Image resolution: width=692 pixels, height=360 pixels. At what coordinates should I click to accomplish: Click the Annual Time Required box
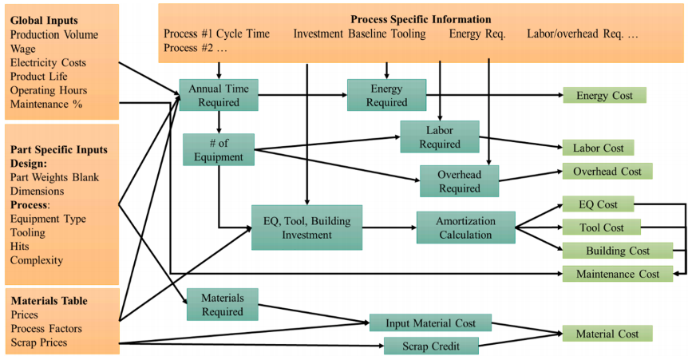pyautogui.click(x=219, y=95)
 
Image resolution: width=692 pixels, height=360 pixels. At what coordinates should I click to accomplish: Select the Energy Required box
pyautogui.click(x=386, y=95)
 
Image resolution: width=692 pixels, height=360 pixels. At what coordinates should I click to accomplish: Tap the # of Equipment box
pyautogui.click(x=218, y=149)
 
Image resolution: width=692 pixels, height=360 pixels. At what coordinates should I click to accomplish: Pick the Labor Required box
pyautogui.click(x=439, y=136)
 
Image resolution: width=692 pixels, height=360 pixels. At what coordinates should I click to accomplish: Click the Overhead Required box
pyautogui.click(x=459, y=181)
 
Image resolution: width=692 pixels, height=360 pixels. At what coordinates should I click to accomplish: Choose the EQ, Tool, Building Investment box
pyautogui.click(x=306, y=227)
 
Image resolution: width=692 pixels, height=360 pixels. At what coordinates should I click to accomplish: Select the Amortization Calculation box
pyautogui.click(x=465, y=227)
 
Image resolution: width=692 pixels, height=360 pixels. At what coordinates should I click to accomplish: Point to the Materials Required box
pyautogui.click(x=222, y=304)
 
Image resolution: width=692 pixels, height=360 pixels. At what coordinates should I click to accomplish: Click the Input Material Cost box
pyautogui.click(x=430, y=322)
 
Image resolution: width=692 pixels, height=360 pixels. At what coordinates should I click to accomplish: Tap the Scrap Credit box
pyautogui.click(x=431, y=346)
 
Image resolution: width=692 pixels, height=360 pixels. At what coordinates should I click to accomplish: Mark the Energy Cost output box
pyautogui.click(x=604, y=96)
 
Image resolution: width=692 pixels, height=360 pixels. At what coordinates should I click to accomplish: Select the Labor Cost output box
pyautogui.click(x=598, y=148)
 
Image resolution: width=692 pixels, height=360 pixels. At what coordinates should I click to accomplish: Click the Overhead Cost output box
pyautogui.click(x=607, y=171)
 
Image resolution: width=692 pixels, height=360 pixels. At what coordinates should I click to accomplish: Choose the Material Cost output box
pyautogui.click(x=607, y=334)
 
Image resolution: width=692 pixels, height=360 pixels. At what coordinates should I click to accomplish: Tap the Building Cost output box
pyautogui.click(x=617, y=251)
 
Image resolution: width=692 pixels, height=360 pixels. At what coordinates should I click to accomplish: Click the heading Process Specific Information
pyautogui.click(x=421, y=19)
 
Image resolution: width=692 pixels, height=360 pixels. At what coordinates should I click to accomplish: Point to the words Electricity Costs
pyautogui.click(x=48, y=62)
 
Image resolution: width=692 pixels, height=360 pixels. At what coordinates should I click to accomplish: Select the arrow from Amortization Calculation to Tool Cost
pyautogui.click(x=540, y=227)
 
